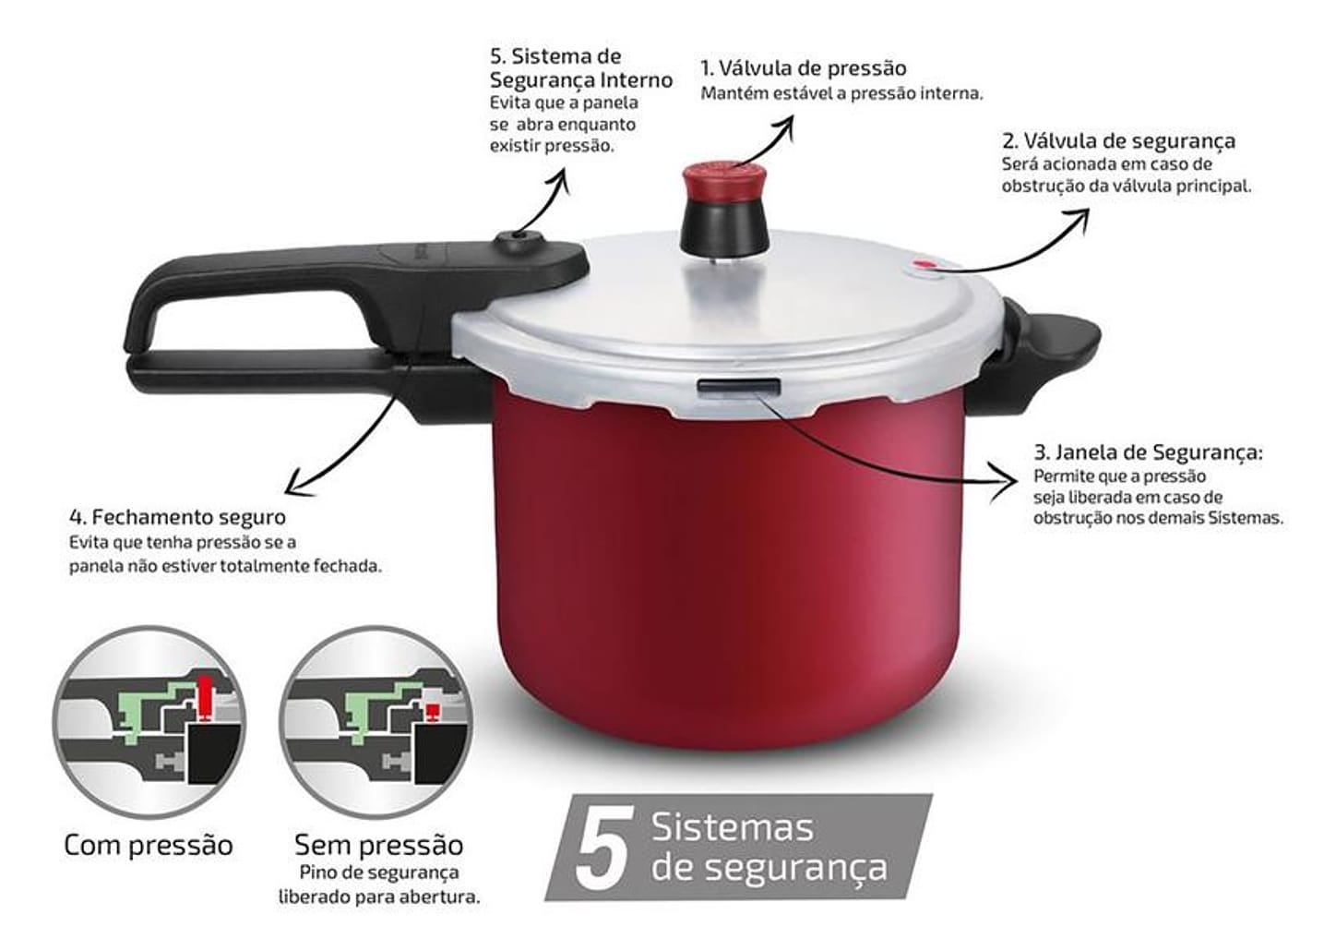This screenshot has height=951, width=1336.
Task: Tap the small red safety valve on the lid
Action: [923, 266]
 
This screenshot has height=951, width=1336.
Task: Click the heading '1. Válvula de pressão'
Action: [803, 68]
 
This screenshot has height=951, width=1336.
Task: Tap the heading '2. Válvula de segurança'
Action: [1118, 141]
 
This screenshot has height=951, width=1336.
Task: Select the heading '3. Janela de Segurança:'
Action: [1148, 452]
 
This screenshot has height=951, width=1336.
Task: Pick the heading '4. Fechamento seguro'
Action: [177, 517]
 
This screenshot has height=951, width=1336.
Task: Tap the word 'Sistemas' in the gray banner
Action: [733, 827]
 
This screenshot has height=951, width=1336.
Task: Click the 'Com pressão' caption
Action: [149, 845]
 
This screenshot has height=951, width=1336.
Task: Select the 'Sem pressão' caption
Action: [378, 845]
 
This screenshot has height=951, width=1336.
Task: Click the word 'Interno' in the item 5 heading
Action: [633, 80]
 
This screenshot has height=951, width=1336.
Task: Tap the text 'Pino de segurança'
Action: [379, 873]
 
